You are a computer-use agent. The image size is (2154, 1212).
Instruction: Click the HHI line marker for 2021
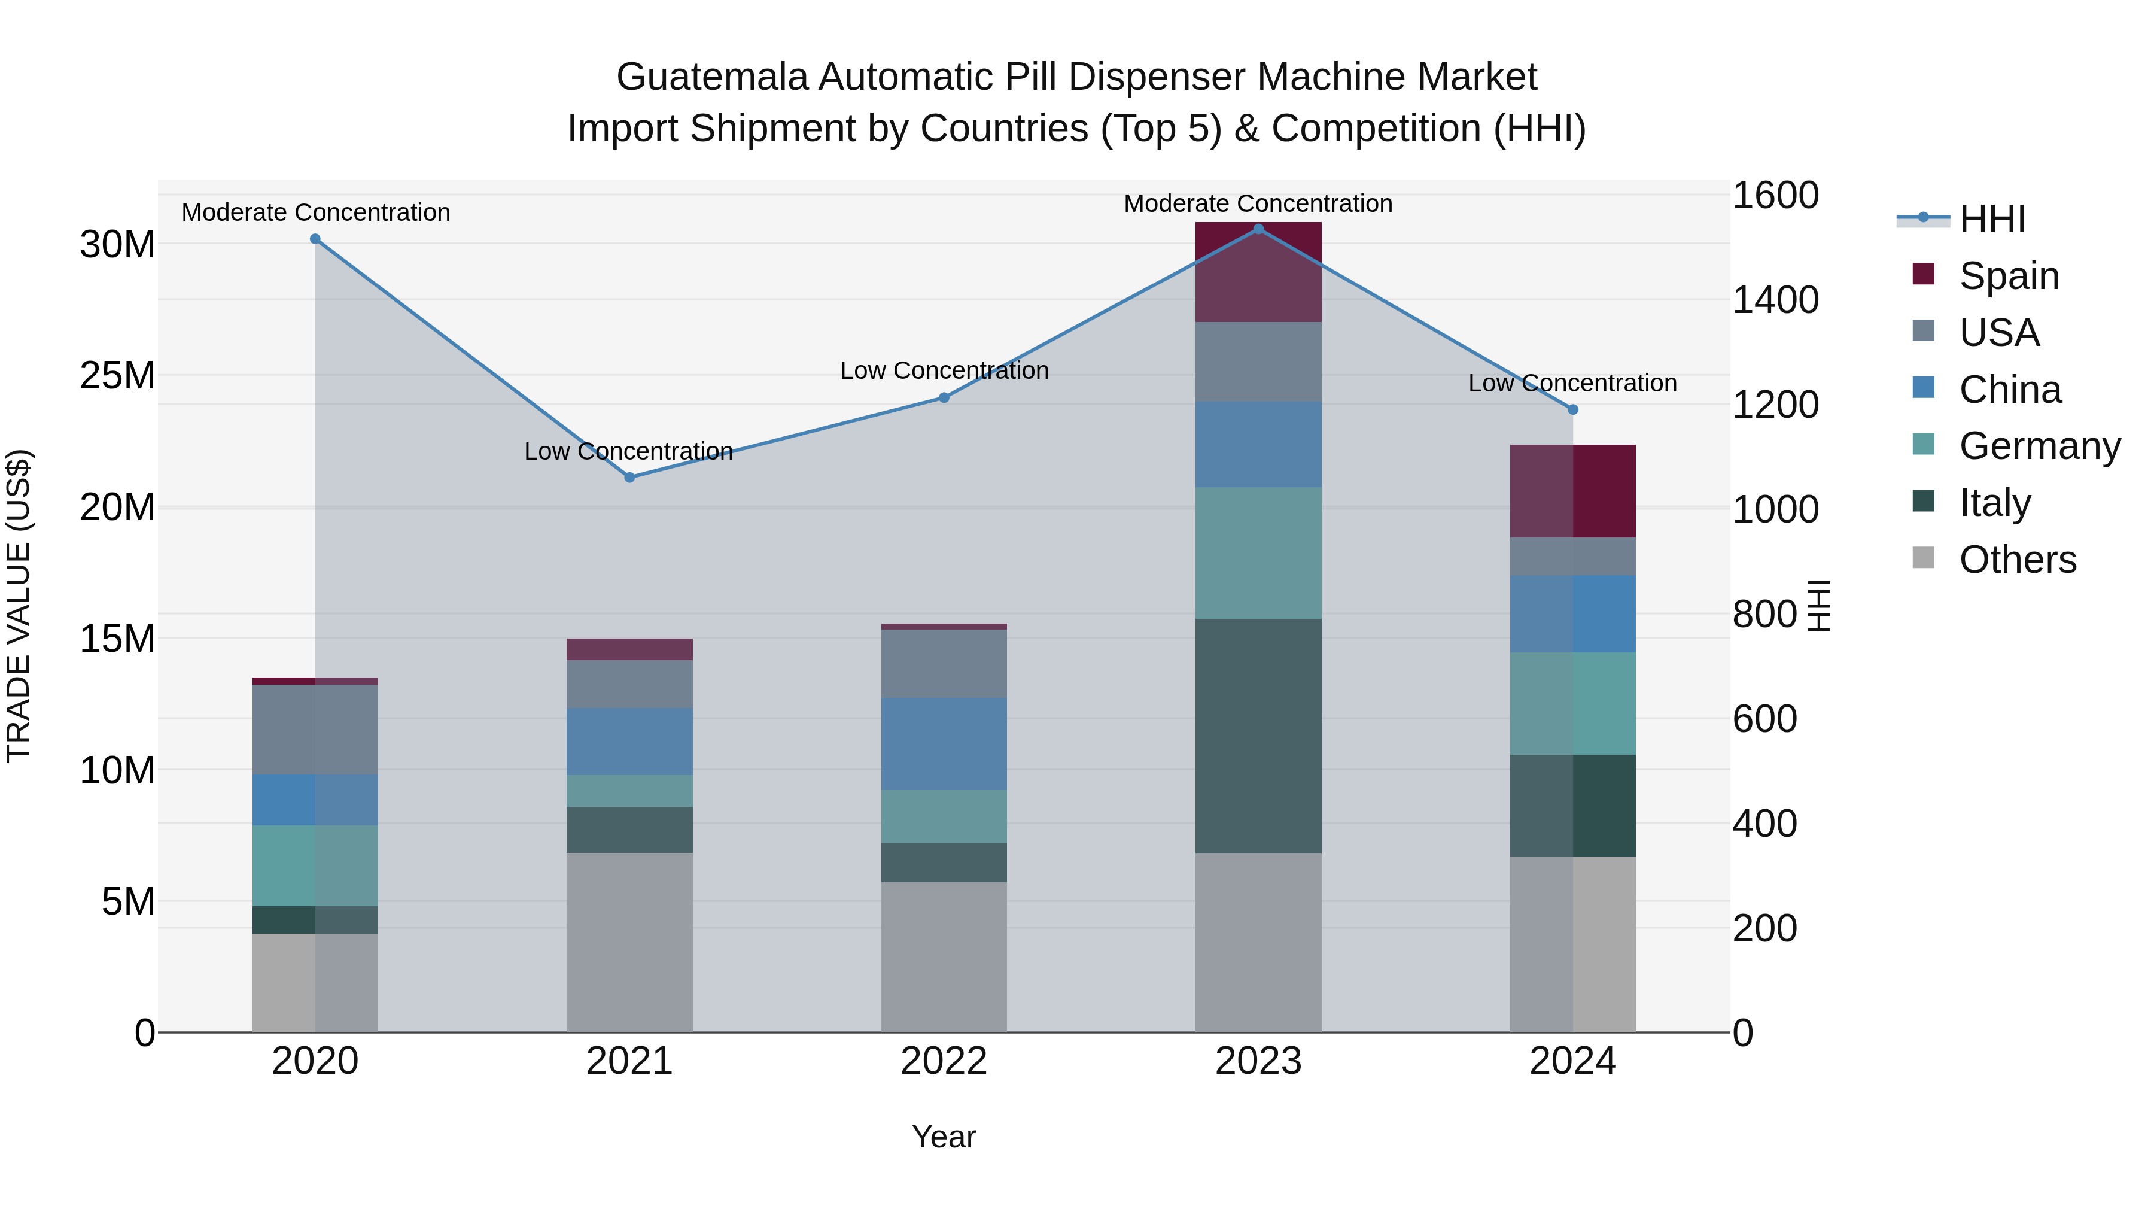pyautogui.click(x=629, y=478)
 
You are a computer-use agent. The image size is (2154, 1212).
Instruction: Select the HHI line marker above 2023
pyautogui.click(x=1258, y=229)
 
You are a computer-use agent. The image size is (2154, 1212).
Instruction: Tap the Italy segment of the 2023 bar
pyautogui.click(x=1258, y=736)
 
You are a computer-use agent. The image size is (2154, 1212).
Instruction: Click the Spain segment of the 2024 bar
pyautogui.click(x=1573, y=491)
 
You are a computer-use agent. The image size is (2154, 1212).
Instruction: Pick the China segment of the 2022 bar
pyautogui.click(x=944, y=743)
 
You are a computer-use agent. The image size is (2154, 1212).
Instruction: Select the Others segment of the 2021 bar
pyautogui.click(x=629, y=942)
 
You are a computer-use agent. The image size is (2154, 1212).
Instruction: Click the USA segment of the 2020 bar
pyautogui.click(x=315, y=730)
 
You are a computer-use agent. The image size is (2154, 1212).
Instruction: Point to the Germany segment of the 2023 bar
pyautogui.click(x=1258, y=553)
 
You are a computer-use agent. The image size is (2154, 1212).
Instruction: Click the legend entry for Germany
pyautogui.click(x=2039, y=446)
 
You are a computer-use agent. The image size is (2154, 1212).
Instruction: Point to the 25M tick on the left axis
pyautogui.click(x=117, y=375)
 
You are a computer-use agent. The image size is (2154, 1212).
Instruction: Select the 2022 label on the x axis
pyautogui.click(x=944, y=1061)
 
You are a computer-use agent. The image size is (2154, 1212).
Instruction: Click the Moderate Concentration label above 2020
pyautogui.click(x=315, y=212)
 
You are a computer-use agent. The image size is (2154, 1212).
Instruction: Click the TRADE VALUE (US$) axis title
pyautogui.click(x=19, y=606)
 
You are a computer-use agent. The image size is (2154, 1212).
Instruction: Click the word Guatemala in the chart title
pyautogui.click(x=713, y=77)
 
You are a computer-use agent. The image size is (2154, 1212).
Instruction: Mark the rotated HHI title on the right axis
pyautogui.click(x=1820, y=606)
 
